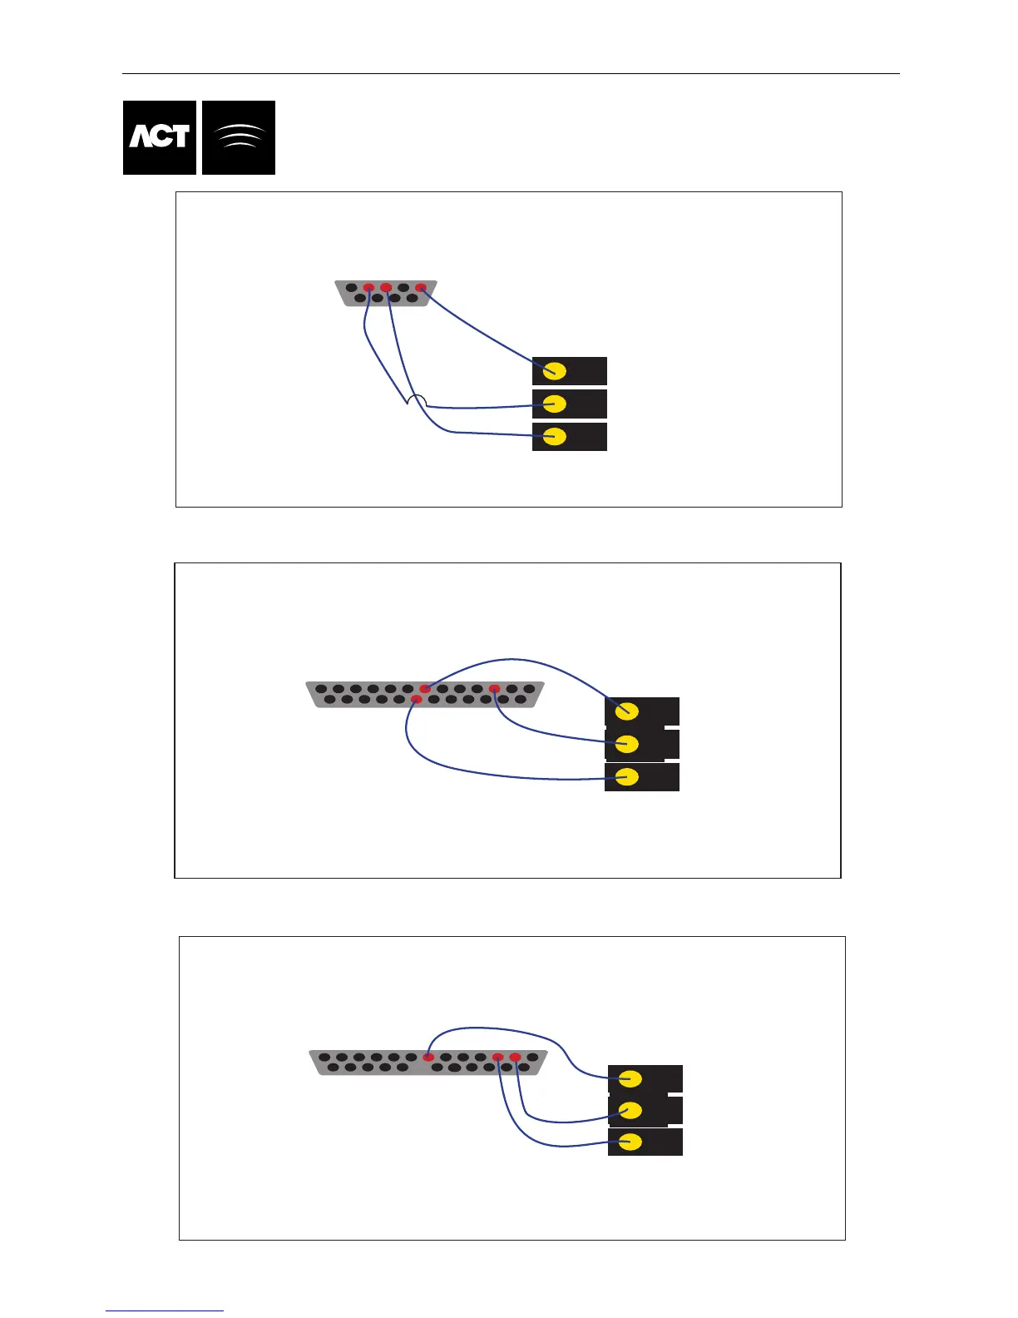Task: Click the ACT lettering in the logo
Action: [159, 137]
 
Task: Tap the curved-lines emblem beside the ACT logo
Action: [239, 137]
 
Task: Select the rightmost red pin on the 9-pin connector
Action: [421, 288]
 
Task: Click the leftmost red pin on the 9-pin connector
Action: [368, 288]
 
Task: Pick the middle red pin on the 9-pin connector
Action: [386, 288]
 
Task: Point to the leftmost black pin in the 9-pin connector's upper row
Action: [351, 289]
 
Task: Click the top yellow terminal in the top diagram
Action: [555, 371]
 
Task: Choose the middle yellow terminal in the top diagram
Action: [555, 404]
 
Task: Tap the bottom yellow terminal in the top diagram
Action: [555, 437]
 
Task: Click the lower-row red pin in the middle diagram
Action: [417, 700]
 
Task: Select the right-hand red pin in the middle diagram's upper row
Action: [495, 689]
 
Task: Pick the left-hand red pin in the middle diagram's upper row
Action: [425, 689]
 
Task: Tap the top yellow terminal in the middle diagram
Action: [627, 711]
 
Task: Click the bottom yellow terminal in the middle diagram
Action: [627, 777]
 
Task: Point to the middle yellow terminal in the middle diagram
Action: [627, 744]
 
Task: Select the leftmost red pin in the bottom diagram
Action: [428, 1058]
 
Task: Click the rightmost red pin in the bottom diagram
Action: [515, 1058]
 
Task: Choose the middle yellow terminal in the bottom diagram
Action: [630, 1111]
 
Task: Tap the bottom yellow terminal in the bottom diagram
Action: [630, 1142]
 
